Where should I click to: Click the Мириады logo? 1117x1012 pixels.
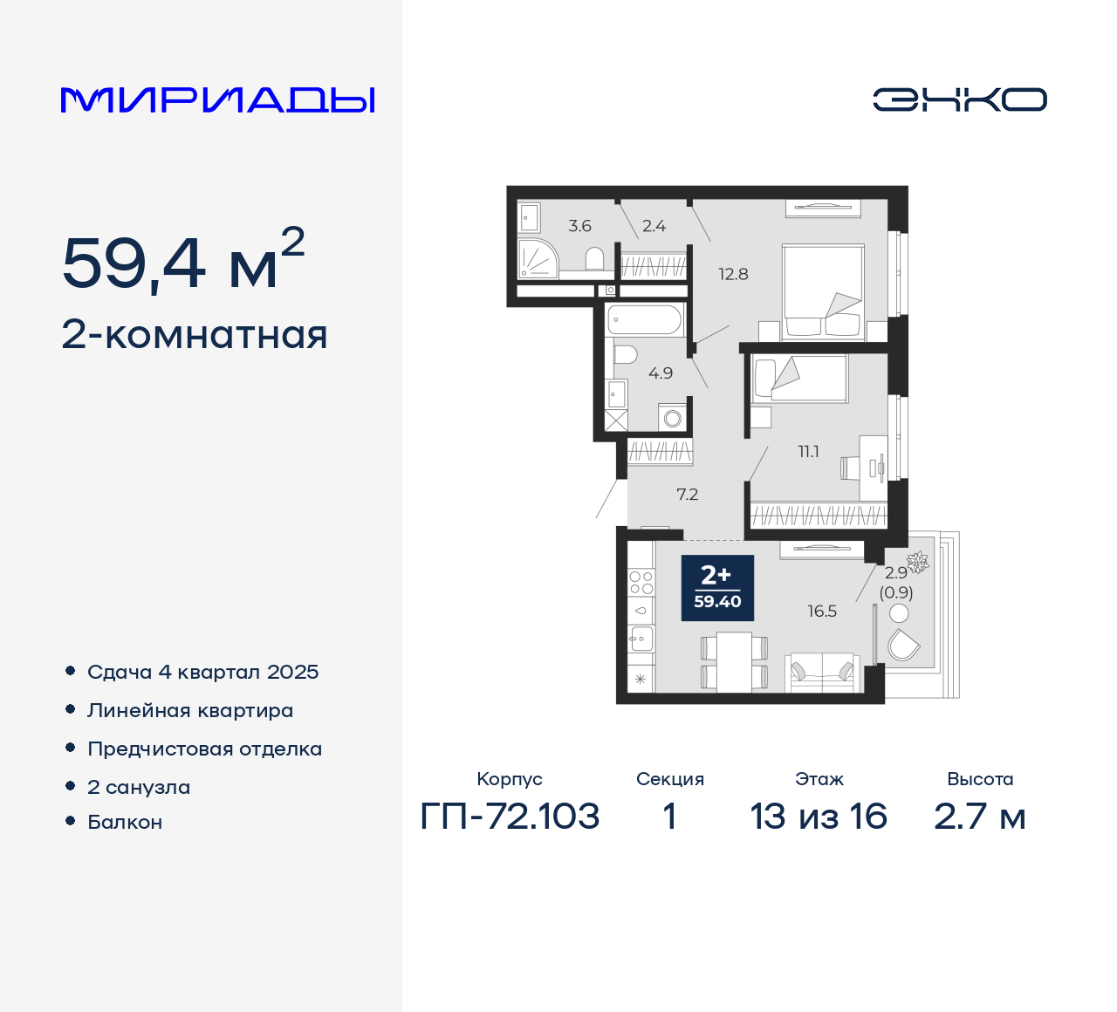218,100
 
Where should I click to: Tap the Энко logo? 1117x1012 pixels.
959,99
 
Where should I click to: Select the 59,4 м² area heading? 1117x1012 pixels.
183,261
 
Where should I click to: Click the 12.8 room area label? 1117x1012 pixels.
733,274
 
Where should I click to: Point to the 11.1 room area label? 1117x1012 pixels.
808,452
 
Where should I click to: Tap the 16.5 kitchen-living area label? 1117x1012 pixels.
821,612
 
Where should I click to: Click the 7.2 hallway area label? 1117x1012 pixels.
687,495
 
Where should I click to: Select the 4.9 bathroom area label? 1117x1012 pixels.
660,373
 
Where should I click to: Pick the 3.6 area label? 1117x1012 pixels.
579,226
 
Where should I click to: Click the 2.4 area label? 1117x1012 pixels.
654,226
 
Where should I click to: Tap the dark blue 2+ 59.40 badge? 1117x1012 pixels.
717,588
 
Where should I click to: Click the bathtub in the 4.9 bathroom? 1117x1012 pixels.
645,320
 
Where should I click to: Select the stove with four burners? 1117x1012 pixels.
641,582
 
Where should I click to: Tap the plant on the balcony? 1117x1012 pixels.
917,561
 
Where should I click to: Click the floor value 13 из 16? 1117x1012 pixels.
819,817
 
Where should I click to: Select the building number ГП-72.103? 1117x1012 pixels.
510,817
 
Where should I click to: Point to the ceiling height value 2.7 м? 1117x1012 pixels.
979,817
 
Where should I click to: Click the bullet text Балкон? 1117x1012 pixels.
125,822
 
